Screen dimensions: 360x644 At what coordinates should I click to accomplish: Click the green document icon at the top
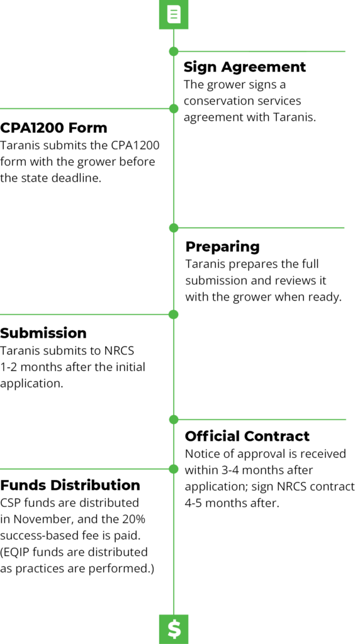[174, 15]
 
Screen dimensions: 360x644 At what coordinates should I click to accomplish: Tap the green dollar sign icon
[174, 629]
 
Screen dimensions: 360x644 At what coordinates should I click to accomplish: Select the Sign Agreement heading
[245, 67]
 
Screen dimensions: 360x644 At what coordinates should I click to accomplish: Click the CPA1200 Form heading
[53, 128]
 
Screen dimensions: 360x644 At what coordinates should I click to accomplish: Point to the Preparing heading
[222, 247]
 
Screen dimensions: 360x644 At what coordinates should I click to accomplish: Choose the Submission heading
[43, 333]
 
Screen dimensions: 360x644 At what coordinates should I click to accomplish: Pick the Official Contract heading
[247, 436]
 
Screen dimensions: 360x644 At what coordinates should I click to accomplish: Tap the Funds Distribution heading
[70, 485]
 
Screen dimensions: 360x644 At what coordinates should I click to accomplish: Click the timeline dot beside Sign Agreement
[174, 52]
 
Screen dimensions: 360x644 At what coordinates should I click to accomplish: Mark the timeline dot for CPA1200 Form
[174, 108]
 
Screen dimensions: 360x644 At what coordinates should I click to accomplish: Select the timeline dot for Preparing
[174, 228]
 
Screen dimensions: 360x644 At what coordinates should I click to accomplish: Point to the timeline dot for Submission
[174, 314]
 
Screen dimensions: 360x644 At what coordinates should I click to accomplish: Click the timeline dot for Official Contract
[174, 419]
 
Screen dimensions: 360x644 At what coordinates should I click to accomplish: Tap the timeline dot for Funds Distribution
[174, 469]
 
